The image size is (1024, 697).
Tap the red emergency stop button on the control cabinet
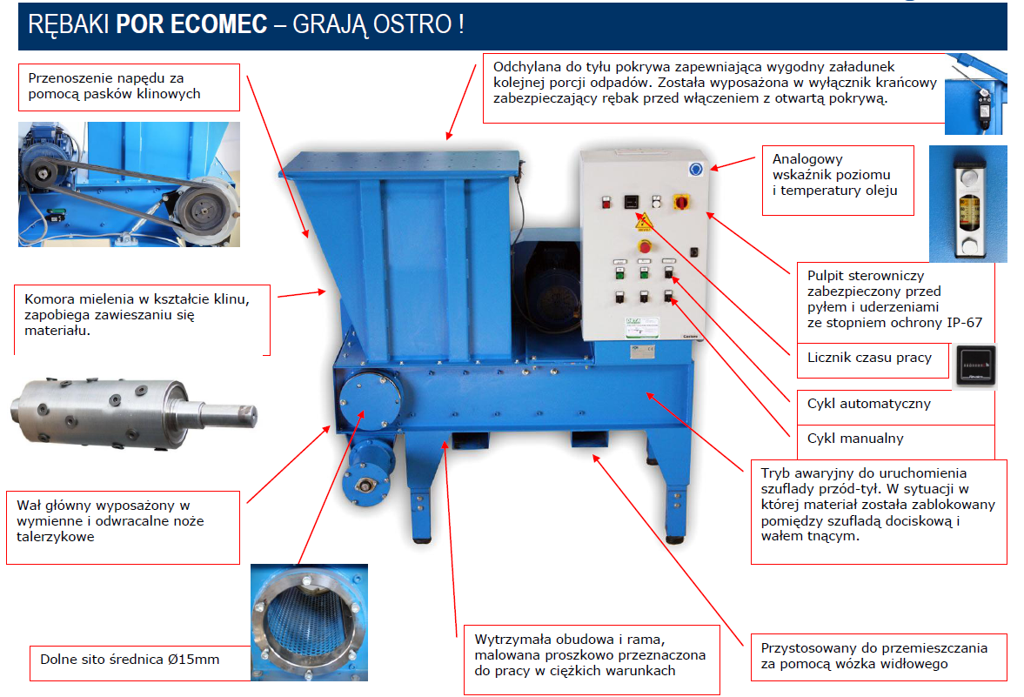pos(646,246)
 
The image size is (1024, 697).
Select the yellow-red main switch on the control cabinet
pos(681,202)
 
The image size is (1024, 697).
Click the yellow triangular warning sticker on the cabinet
pos(644,221)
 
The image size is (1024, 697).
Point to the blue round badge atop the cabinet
pos(695,170)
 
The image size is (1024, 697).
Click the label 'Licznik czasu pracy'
pos(869,358)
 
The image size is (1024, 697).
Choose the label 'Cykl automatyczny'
pos(868,404)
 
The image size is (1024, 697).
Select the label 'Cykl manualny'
pos(855,439)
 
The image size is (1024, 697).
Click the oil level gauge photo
pos(967,204)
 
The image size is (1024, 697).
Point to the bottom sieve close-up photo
pos(309,622)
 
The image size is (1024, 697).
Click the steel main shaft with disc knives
pos(133,413)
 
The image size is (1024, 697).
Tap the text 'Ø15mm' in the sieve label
pos(193,659)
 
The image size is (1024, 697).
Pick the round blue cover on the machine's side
pos(370,399)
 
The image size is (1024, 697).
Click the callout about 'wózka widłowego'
pos(879,656)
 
